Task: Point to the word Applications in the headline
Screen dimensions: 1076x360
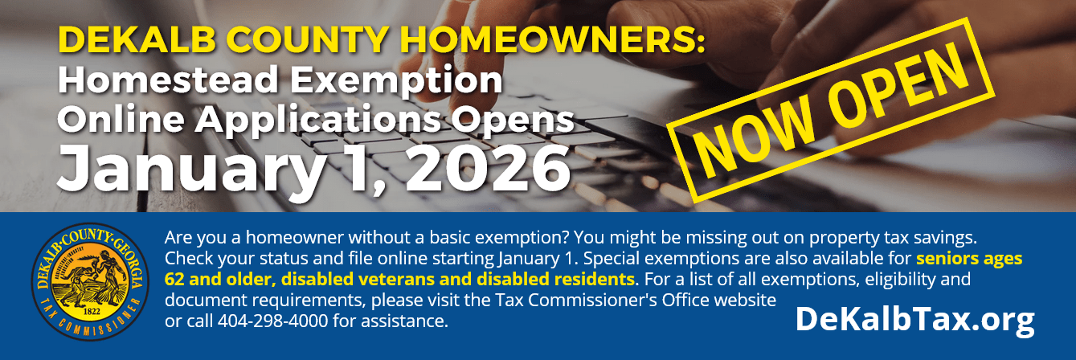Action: [x=317, y=121]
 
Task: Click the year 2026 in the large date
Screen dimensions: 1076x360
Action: [x=488, y=168]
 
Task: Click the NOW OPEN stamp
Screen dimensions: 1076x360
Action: [x=831, y=109]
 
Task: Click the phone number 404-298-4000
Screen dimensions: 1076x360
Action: [x=273, y=321]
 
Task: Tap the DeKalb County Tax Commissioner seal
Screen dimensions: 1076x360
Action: [x=90, y=282]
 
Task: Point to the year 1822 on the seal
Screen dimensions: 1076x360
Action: [x=92, y=311]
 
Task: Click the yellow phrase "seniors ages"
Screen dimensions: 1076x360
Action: [x=969, y=258]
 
